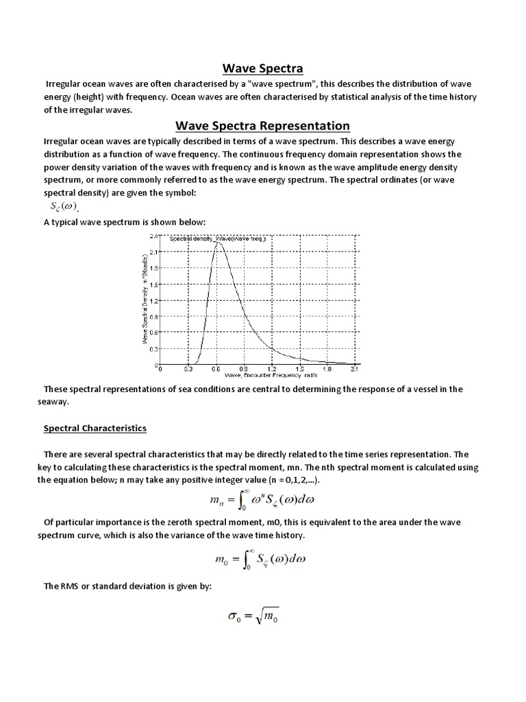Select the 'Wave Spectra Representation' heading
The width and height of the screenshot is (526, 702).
[263, 125]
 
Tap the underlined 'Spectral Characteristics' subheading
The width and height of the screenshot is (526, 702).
[95, 428]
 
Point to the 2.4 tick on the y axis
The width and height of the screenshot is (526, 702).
[154, 236]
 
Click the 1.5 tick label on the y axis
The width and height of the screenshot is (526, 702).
[154, 284]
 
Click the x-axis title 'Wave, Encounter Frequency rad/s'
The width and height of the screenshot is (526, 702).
[262, 376]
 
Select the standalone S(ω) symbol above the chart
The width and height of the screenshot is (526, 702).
[64, 208]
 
